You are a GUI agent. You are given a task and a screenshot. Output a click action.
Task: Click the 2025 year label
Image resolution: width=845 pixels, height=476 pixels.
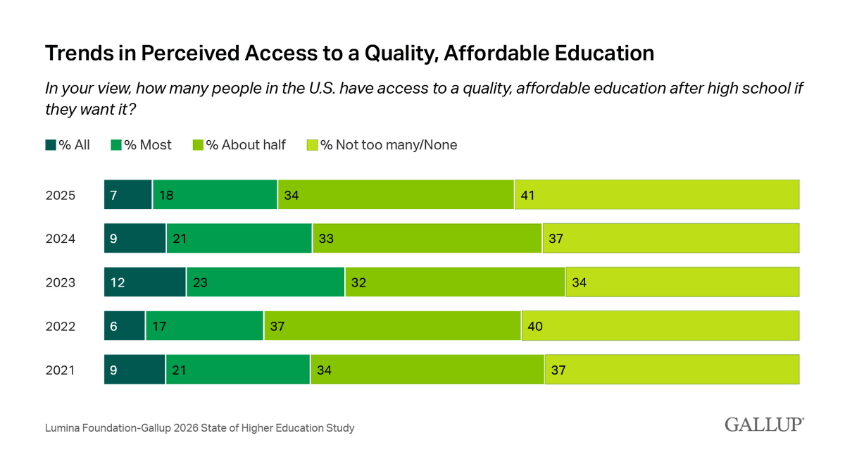tap(61, 195)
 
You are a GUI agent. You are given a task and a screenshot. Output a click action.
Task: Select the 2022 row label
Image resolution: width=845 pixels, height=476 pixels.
tap(61, 326)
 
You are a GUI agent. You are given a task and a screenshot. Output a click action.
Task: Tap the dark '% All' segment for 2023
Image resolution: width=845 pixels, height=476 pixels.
tap(145, 282)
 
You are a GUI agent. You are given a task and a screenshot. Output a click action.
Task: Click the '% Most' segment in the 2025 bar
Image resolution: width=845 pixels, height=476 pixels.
tap(215, 194)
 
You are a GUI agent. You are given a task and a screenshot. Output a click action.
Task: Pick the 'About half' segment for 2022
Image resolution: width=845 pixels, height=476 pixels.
tap(393, 325)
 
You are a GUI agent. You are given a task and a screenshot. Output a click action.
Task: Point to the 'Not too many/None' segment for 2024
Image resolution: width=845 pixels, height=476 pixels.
tap(671, 238)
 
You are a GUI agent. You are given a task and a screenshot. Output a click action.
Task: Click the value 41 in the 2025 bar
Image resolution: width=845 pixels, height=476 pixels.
tap(527, 195)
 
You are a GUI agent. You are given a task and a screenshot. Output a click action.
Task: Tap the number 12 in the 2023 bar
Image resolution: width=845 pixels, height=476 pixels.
tap(118, 282)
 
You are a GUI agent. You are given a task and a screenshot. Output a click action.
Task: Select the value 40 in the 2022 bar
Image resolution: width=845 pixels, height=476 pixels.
tap(535, 326)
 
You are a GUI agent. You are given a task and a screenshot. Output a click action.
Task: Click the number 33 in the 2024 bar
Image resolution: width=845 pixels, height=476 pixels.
tap(326, 239)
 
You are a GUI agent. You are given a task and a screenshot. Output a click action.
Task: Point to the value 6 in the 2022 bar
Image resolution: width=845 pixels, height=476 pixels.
tap(113, 326)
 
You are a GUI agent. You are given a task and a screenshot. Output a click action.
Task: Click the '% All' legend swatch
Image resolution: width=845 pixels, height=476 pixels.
tap(51, 145)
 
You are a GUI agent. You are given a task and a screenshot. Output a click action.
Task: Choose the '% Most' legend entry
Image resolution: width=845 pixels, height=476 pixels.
tap(141, 145)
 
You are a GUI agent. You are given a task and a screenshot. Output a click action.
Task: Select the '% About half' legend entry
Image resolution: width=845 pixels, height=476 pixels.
tap(239, 145)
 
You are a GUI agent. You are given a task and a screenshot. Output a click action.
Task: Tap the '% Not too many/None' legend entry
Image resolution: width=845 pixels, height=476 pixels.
tap(382, 145)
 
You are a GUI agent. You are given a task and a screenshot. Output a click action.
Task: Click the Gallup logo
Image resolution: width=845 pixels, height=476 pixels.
tap(764, 425)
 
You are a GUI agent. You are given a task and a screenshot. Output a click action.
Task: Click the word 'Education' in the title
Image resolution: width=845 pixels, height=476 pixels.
tap(604, 53)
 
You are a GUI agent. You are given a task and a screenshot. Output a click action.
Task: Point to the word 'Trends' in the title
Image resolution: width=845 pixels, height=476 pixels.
tap(80, 53)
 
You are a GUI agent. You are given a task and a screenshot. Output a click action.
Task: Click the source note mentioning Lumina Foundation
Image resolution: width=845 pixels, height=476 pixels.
tap(199, 427)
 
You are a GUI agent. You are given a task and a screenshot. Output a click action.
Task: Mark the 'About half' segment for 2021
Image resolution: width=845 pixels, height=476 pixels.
tap(427, 369)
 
